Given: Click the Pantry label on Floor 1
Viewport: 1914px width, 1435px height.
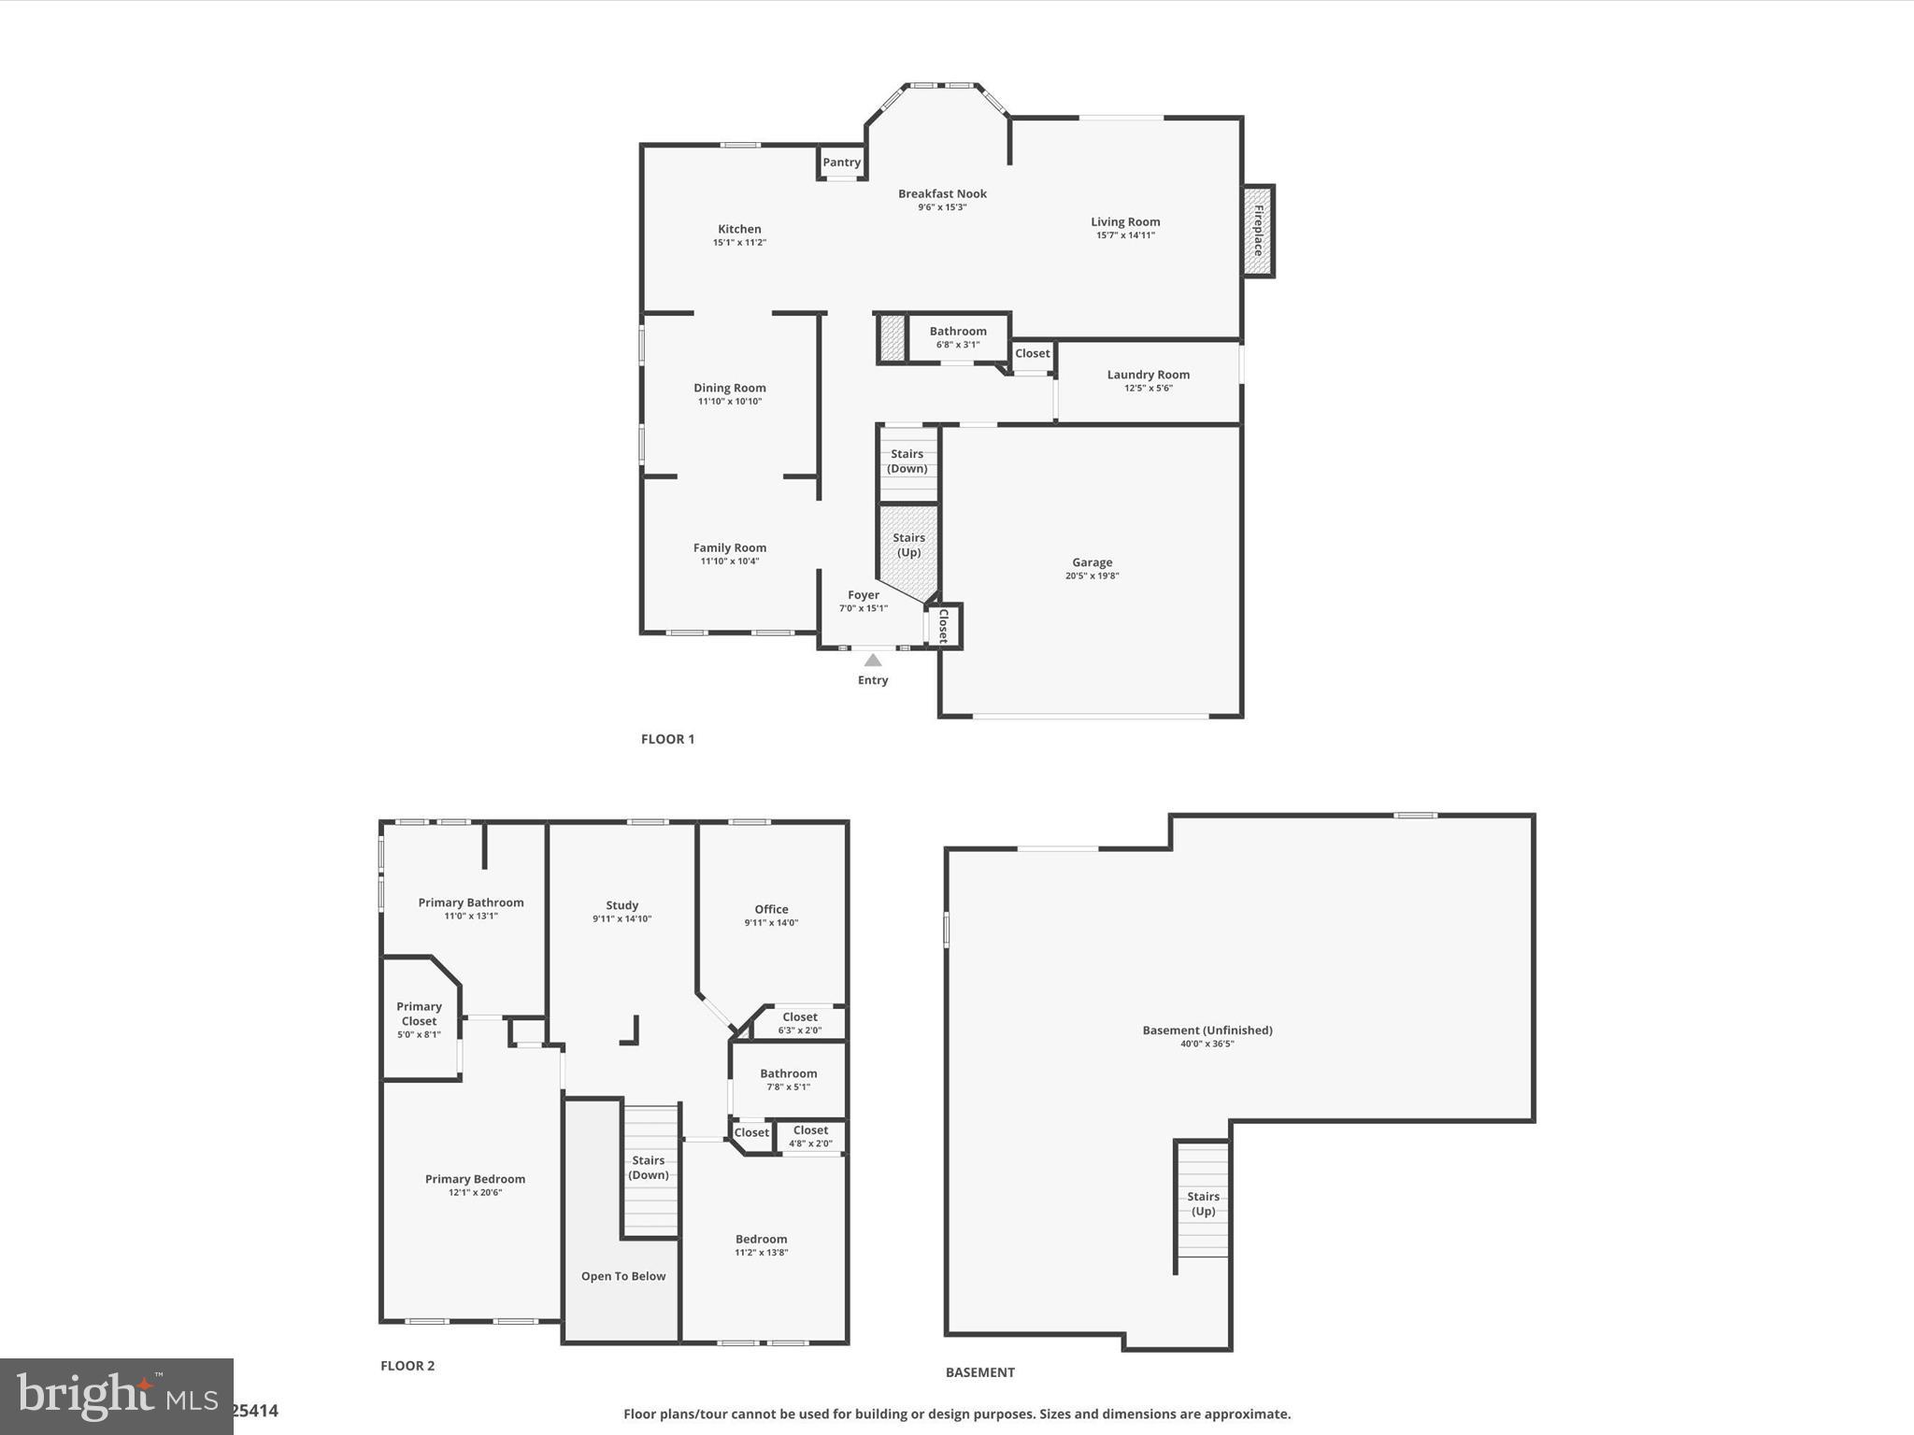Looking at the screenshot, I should [x=841, y=163].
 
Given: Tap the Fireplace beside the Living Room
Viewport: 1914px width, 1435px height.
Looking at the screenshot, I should [x=1258, y=231].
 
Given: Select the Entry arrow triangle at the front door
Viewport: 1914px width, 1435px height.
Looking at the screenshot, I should [x=872, y=661].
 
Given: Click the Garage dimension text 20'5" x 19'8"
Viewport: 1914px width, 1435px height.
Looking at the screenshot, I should [x=1092, y=576].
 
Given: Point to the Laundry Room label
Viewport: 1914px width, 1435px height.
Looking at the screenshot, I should [x=1148, y=375].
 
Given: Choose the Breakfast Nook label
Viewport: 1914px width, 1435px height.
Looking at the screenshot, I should [x=942, y=194].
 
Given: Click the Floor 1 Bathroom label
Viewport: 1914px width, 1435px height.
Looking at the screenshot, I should [x=958, y=332].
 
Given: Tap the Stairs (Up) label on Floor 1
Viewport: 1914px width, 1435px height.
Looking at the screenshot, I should [x=908, y=545].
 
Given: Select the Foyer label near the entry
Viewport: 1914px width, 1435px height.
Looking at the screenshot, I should [x=864, y=595].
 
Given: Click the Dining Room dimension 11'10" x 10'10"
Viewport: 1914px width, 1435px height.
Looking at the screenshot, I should [x=730, y=402].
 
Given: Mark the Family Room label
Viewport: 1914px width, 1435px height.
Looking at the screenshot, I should [x=730, y=548].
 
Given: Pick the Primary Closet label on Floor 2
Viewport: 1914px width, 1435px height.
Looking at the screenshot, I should [x=419, y=1014].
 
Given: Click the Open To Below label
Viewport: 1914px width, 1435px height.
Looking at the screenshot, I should [x=623, y=1276].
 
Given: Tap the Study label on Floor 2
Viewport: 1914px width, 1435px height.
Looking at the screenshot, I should [x=621, y=905].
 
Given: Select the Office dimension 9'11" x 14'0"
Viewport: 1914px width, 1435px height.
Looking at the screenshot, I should [x=771, y=923].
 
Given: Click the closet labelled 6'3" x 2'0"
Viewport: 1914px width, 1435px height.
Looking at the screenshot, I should [x=800, y=1023].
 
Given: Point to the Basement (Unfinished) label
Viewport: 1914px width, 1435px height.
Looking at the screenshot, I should [x=1207, y=1030].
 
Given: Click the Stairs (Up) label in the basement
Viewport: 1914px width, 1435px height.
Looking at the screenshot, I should [x=1203, y=1203].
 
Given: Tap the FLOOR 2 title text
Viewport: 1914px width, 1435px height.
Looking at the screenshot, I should [x=407, y=1366].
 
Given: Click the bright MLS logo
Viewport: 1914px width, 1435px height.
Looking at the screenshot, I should [x=117, y=1397].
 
